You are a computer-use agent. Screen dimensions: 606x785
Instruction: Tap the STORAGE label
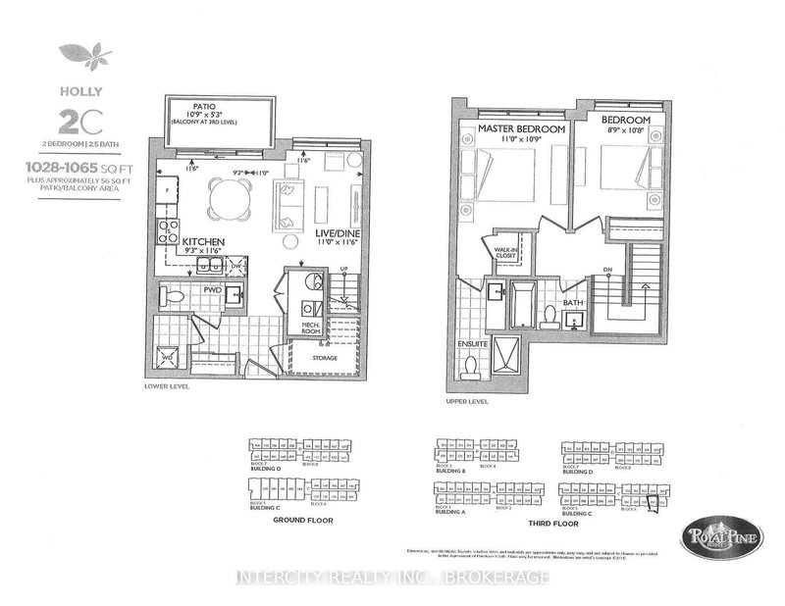[325, 358]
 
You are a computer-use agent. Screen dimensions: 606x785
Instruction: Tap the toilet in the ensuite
[471, 366]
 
